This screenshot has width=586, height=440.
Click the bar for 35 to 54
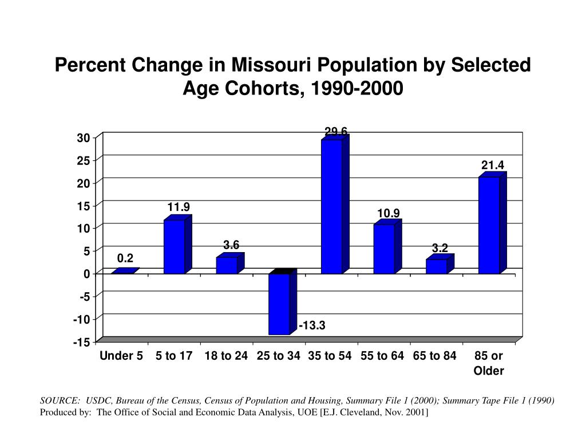pos(332,206)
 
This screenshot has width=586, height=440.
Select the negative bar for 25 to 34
pos(279,304)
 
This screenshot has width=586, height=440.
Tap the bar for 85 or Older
pos(489,225)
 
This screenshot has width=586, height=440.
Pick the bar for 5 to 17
pos(175,246)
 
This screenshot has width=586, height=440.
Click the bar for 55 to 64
pos(384,249)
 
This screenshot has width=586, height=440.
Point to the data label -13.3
pos(312,326)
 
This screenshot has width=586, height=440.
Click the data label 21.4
pos(492,166)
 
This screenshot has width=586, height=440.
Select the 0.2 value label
pos(125,259)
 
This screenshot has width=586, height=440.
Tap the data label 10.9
pos(388,213)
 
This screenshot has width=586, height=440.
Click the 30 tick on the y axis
pos(84,138)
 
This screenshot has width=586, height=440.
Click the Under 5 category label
pos(121,356)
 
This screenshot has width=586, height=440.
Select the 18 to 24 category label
pos(226,356)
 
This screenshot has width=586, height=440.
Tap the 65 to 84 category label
pos(434,356)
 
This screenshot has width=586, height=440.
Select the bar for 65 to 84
pos(437,266)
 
